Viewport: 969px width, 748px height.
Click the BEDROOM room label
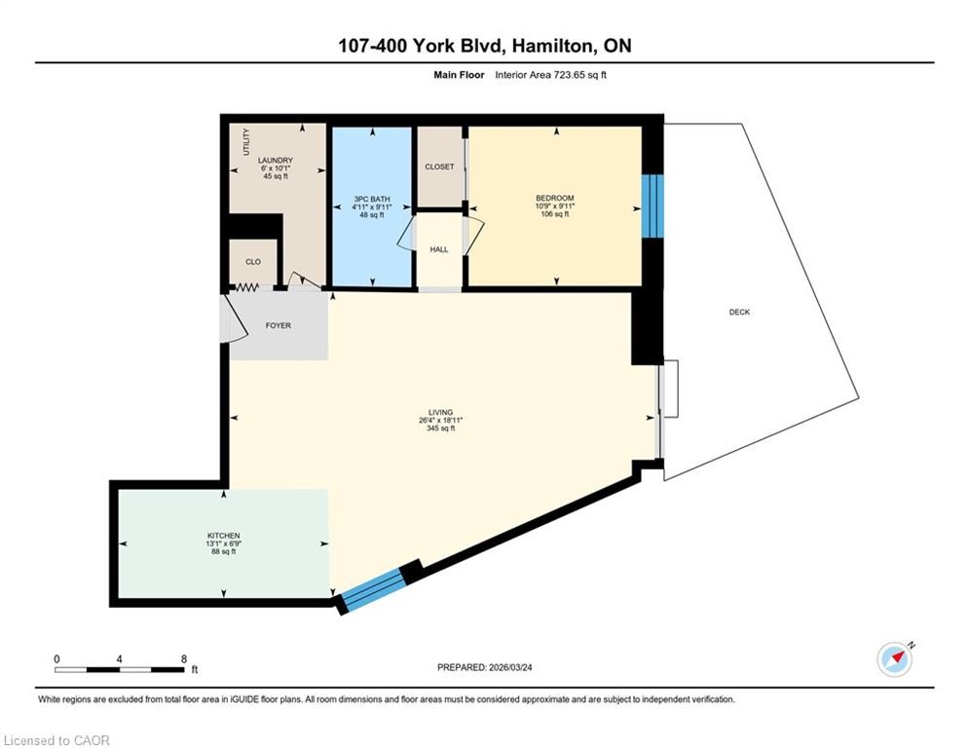(554, 199)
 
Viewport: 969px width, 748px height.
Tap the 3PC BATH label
(372, 199)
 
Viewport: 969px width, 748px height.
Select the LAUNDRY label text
(276, 160)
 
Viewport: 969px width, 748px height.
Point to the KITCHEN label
(224, 536)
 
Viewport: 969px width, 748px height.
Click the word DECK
(739, 313)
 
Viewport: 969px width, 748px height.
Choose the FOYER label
(279, 325)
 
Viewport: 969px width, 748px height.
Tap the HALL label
(439, 249)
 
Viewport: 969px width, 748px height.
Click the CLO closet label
(253, 261)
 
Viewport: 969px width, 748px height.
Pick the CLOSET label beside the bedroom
(439, 167)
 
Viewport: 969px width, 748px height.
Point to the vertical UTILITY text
(246, 142)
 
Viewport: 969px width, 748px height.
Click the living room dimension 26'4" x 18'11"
(440, 421)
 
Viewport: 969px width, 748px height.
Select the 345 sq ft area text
(440, 429)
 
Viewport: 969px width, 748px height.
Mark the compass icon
(895, 659)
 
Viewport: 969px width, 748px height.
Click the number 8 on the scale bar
(183, 659)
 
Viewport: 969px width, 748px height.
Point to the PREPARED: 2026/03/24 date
(485, 667)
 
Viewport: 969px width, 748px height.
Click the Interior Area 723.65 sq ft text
(550, 75)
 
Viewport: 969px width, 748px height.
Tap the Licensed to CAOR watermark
(56, 740)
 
